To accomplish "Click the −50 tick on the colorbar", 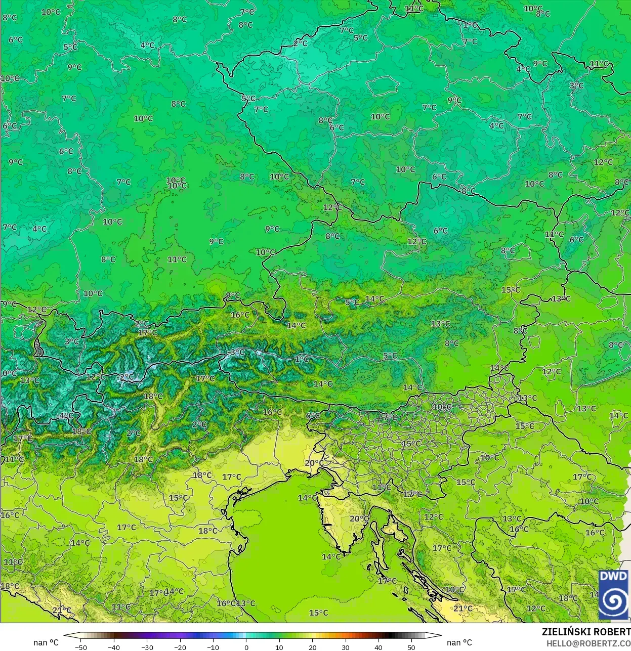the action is coord(80,647).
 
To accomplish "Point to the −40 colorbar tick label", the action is coord(114,647).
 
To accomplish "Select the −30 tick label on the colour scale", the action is coord(147,647).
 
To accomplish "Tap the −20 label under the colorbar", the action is coord(180,647).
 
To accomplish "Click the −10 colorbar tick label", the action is coord(213,647).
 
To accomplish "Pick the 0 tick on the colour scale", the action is coord(246,647).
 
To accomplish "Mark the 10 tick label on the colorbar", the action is coord(279,647).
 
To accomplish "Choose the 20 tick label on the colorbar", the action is coord(312,647).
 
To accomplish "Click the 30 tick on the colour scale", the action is coord(345,647).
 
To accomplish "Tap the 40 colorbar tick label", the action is coord(378,647).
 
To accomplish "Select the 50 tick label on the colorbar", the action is coord(411,647).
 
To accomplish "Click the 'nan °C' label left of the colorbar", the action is coord(46,642).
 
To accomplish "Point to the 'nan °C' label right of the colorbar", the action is coord(459,642).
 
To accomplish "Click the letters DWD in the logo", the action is coord(613,577).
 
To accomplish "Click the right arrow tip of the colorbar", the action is coord(441,635).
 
